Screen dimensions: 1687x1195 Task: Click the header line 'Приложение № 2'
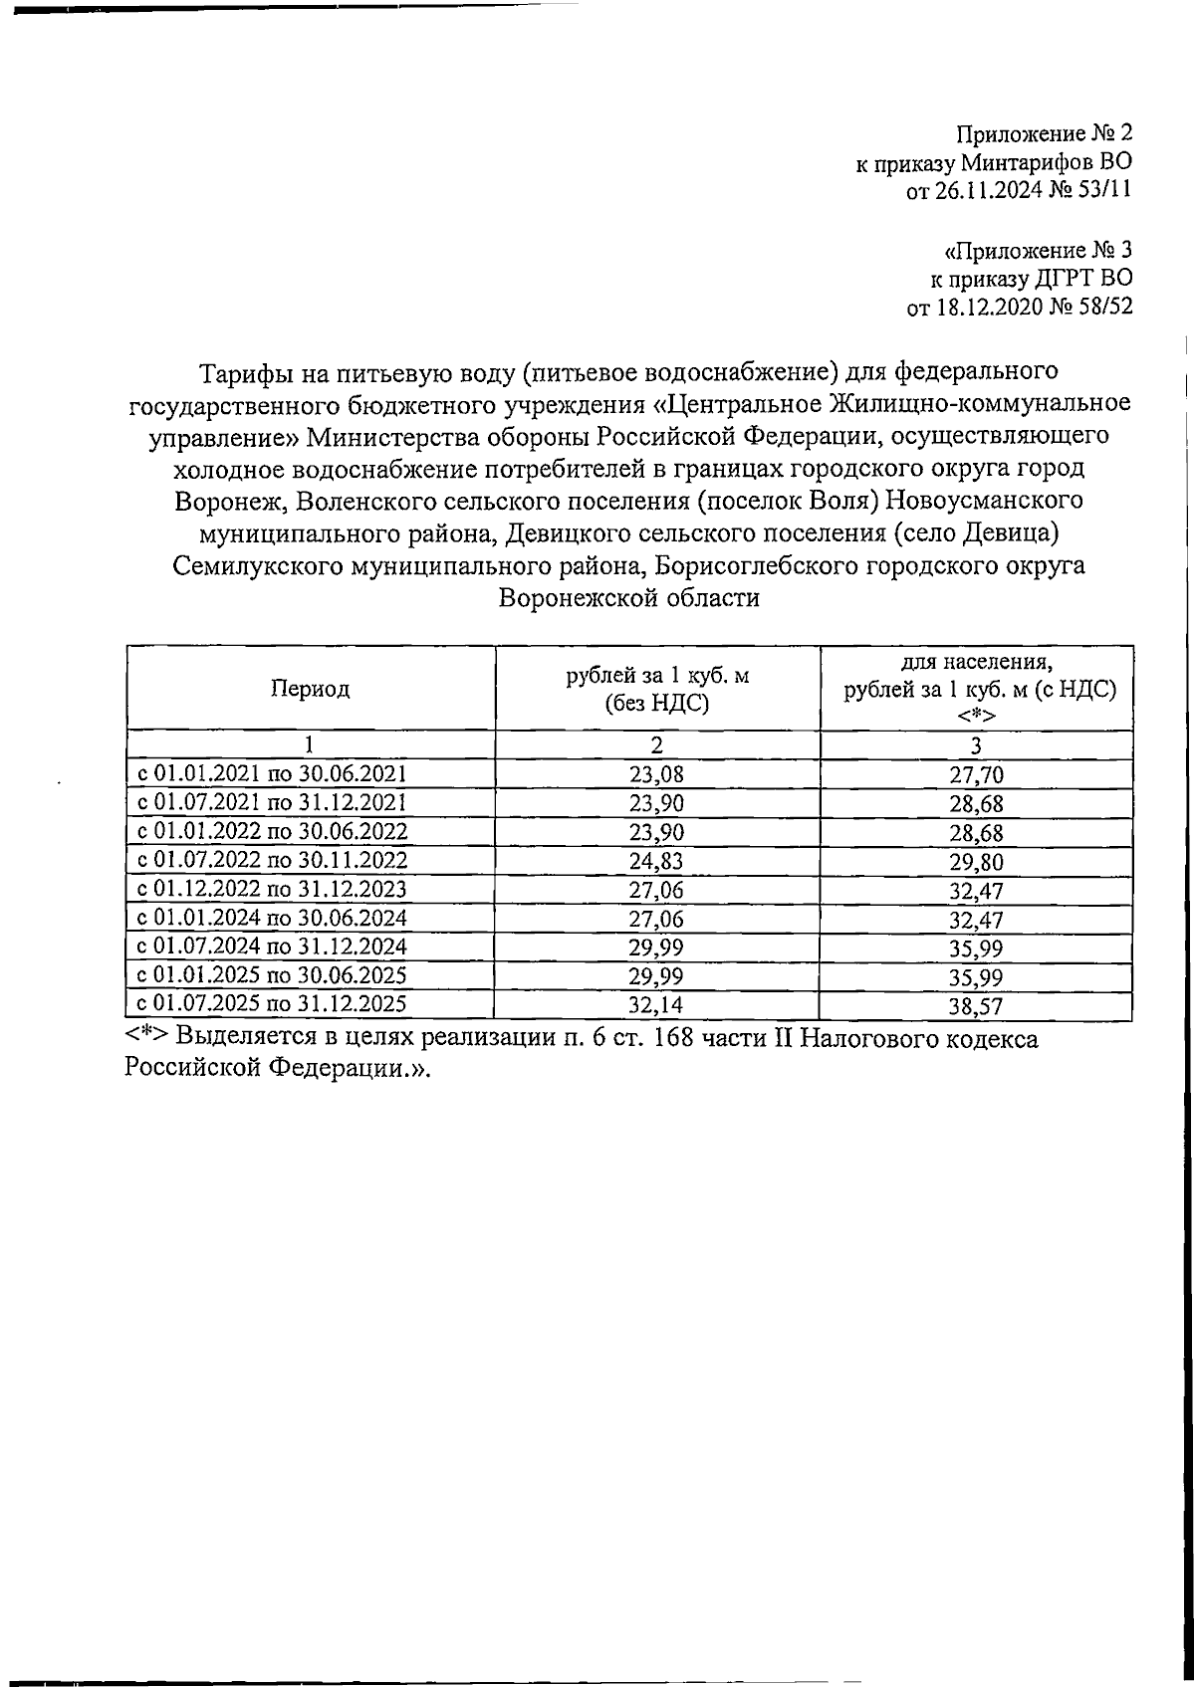(x=1044, y=134)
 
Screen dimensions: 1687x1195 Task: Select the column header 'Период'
(x=310, y=689)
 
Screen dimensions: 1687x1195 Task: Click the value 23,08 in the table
(x=657, y=774)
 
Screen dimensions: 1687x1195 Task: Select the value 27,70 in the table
(x=976, y=774)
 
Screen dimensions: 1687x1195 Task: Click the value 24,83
(x=657, y=861)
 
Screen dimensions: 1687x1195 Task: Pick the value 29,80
(x=976, y=861)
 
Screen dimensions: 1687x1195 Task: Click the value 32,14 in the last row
(x=657, y=1005)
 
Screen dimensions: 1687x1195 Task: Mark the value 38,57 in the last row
(x=976, y=1005)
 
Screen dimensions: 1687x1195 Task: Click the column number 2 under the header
(x=657, y=745)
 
